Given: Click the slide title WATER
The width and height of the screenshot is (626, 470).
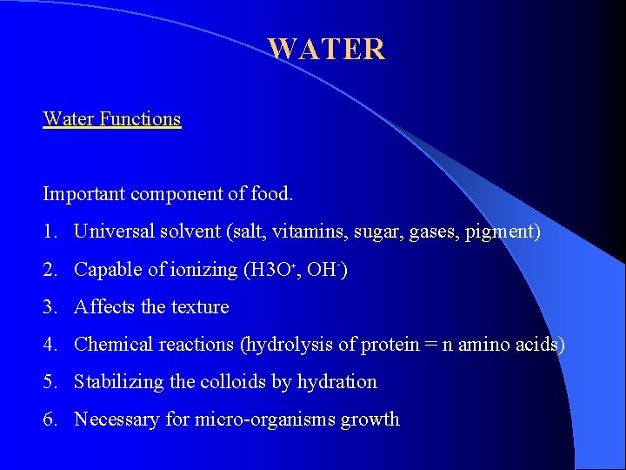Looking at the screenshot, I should pos(326,49).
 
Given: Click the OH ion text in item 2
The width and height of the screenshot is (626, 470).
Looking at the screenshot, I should pos(327,270).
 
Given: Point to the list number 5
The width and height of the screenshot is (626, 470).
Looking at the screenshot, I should pos(50,382).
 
